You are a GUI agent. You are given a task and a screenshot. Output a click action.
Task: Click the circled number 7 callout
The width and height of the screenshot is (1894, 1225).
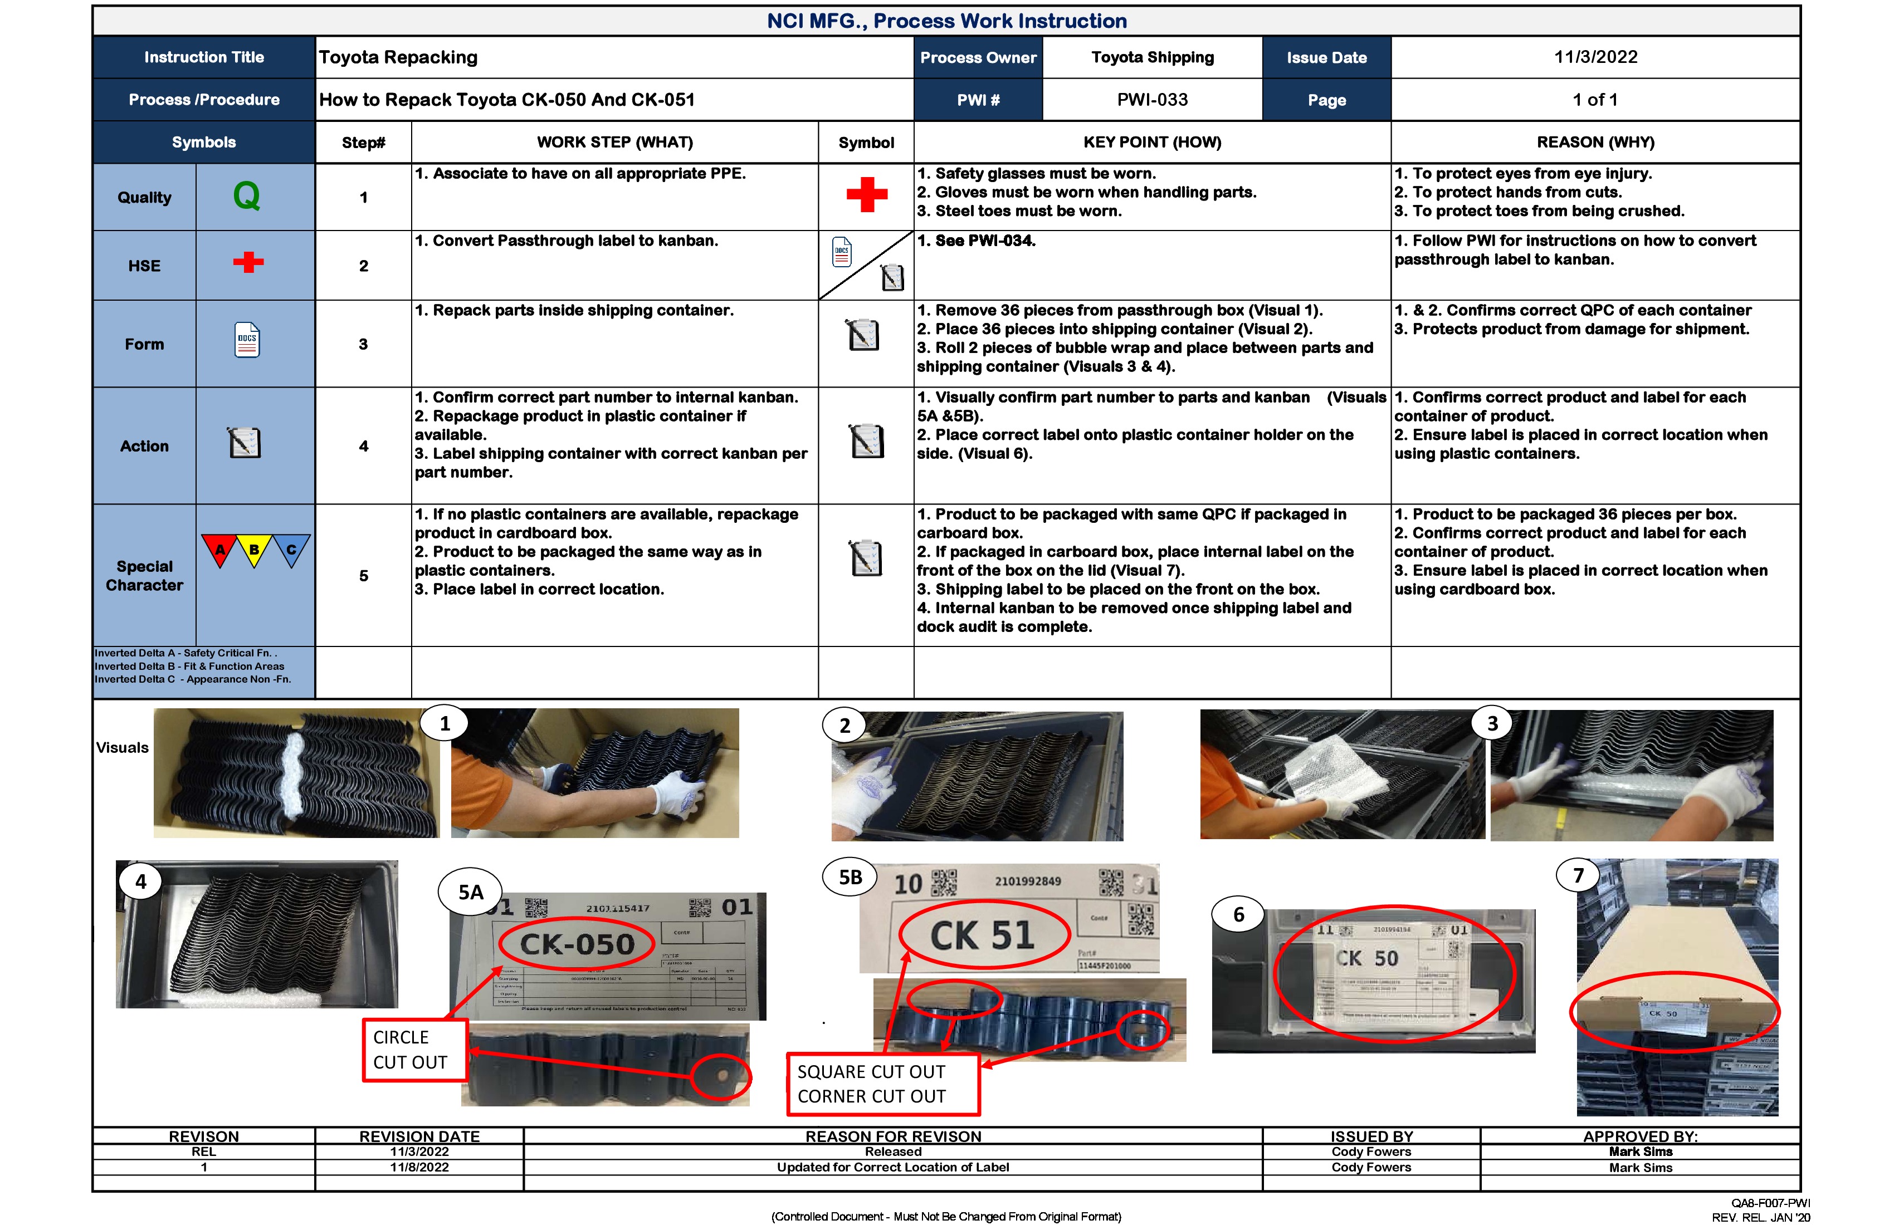tap(1578, 875)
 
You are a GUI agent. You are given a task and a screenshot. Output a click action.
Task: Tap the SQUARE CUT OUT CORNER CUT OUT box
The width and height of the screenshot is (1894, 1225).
tap(882, 1084)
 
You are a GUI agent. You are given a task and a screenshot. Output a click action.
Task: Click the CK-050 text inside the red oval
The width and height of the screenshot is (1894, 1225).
tap(577, 944)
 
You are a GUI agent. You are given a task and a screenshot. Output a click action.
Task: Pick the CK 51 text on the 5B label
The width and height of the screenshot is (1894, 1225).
tap(982, 935)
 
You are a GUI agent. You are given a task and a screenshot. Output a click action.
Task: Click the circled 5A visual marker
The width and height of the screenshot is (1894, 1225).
tap(470, 891)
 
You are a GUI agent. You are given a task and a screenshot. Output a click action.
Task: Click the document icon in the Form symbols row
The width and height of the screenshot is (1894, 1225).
tap(247, 340)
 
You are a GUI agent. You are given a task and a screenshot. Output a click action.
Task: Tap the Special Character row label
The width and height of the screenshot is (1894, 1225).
tap(144, 575)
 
